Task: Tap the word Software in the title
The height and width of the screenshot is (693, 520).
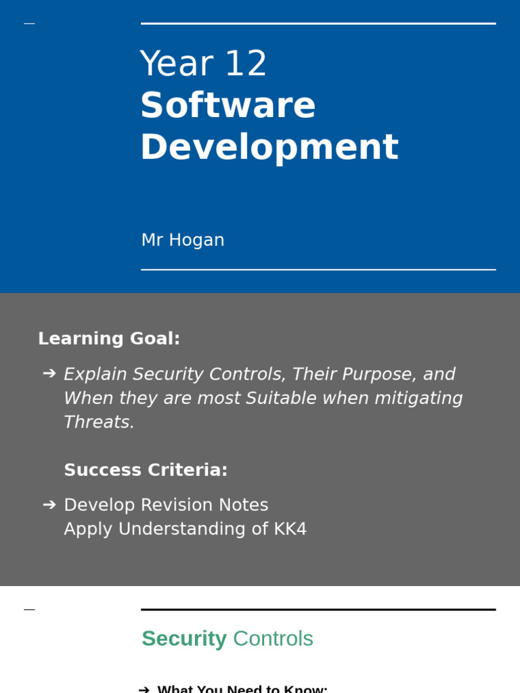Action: point(227,106)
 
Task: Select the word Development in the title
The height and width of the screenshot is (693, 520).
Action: point(269,147)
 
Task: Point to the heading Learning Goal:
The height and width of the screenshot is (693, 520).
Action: point(109,338)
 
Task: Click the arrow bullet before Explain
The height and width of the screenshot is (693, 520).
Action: point(49,374)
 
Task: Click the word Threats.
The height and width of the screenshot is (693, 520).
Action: point(99,422)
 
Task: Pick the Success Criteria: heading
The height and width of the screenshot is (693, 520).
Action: point(146,470)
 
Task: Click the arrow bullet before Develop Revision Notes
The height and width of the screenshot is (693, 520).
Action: point(49,505)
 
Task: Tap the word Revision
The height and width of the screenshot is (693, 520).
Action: point(183,505)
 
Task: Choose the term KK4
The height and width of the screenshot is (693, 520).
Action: point(290,529)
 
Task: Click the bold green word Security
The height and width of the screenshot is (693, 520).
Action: point(183,639)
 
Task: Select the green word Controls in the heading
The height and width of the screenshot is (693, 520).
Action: point(273,639)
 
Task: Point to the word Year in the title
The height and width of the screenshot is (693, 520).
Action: point(177,64)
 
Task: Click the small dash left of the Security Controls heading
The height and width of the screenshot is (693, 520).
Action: point(29,610)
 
